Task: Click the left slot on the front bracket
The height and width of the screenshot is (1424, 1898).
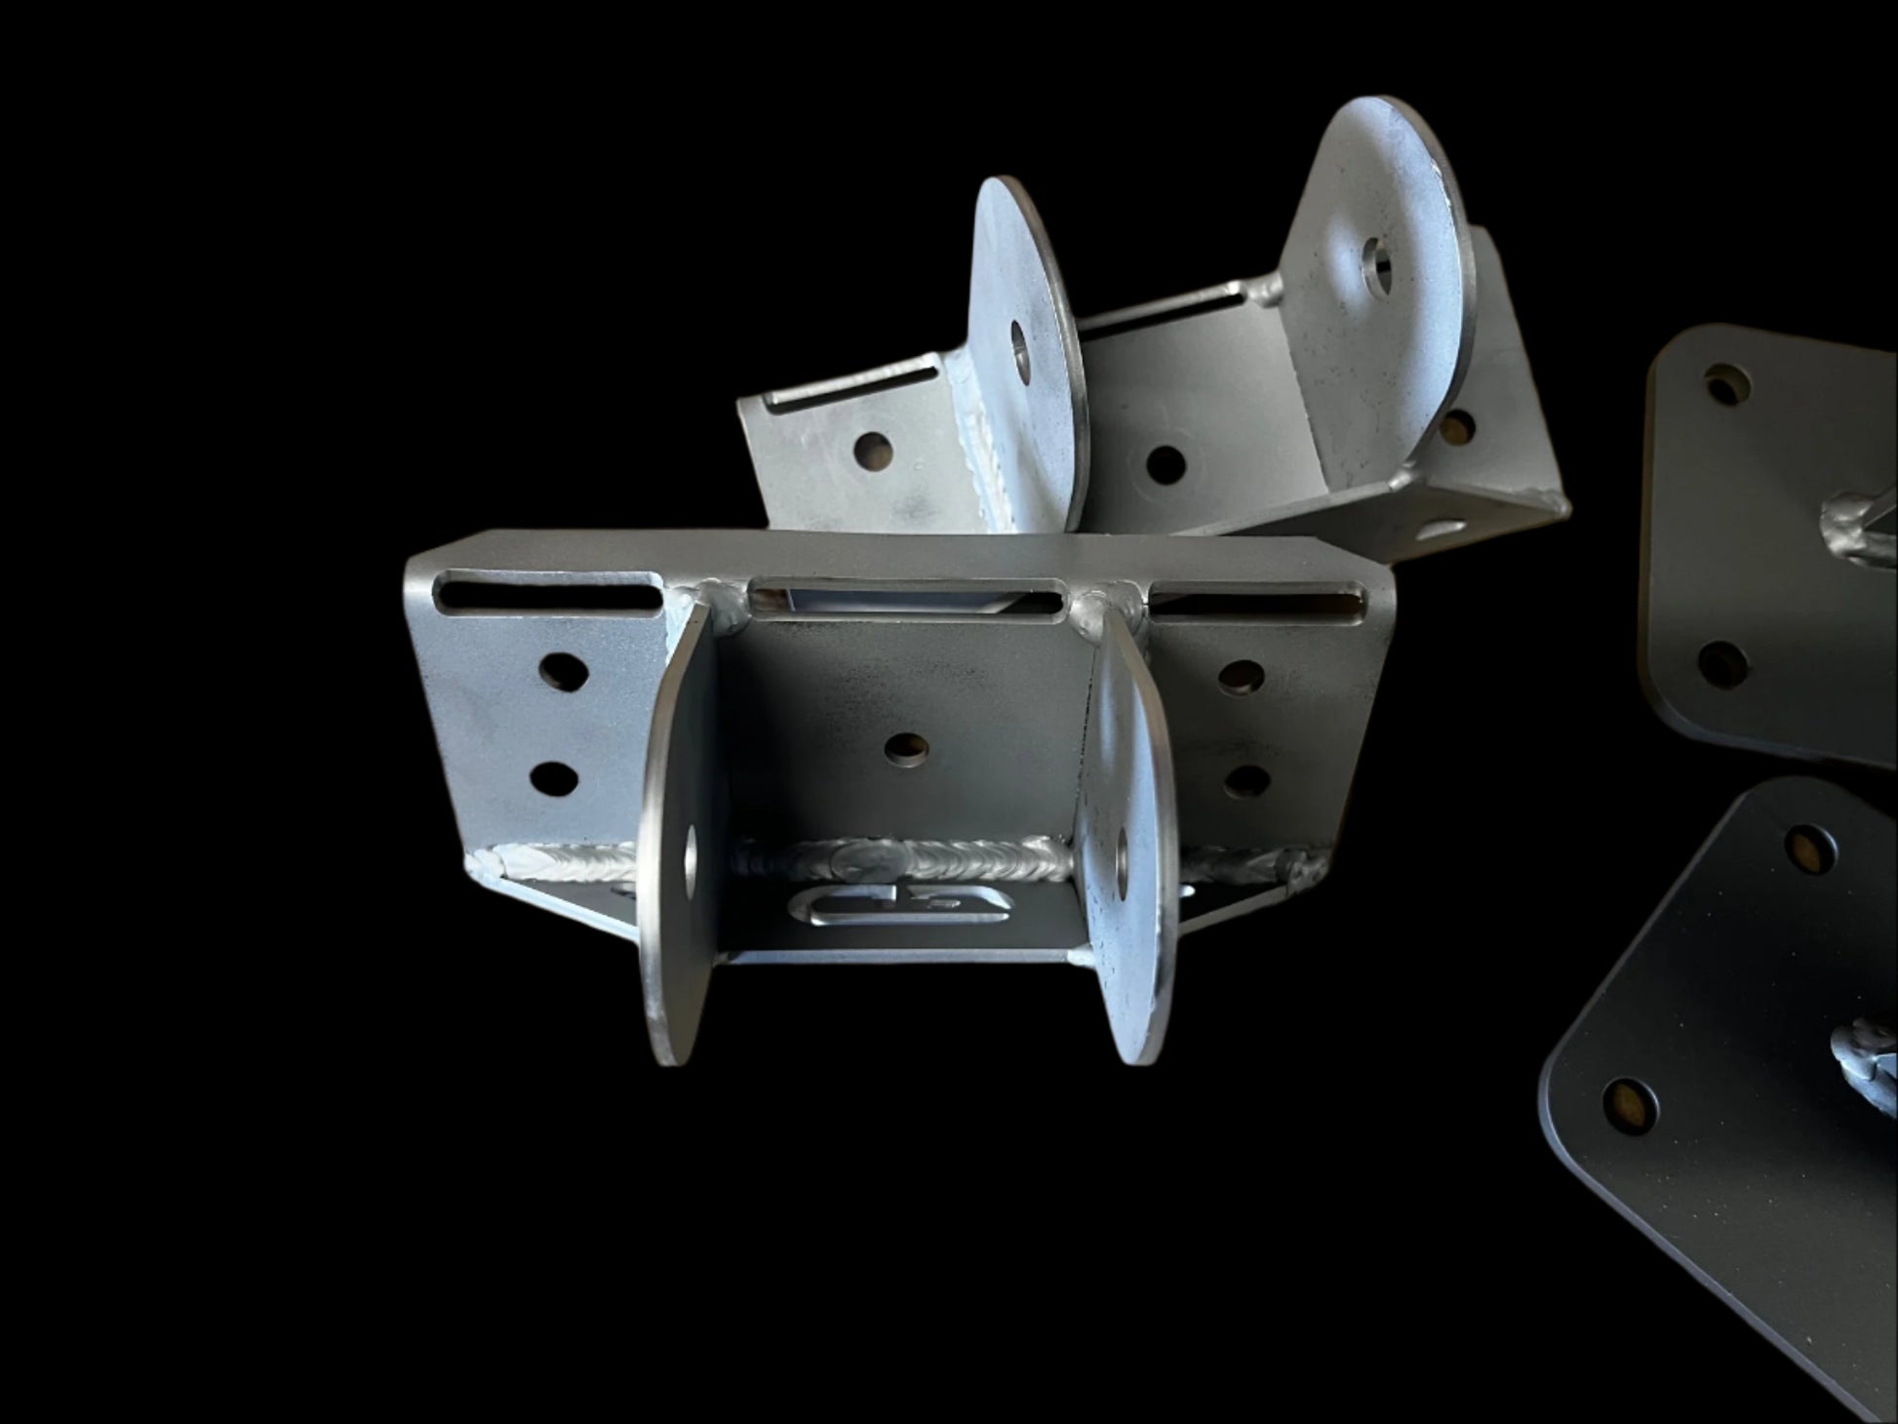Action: pos(548,592)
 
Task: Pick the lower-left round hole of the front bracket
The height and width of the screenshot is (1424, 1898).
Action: pos(553,777)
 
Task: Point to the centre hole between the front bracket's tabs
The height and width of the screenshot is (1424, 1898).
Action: pos(909,747)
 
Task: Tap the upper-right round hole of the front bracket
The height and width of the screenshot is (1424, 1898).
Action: pos(1240,675)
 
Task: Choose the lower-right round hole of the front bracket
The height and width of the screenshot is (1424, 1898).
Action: pos(1246,780)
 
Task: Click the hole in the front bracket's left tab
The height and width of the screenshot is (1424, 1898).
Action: pos(692,856)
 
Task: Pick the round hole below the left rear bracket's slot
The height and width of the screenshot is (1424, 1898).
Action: pos(873,450)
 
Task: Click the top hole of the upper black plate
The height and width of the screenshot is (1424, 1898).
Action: pos(1726,386)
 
